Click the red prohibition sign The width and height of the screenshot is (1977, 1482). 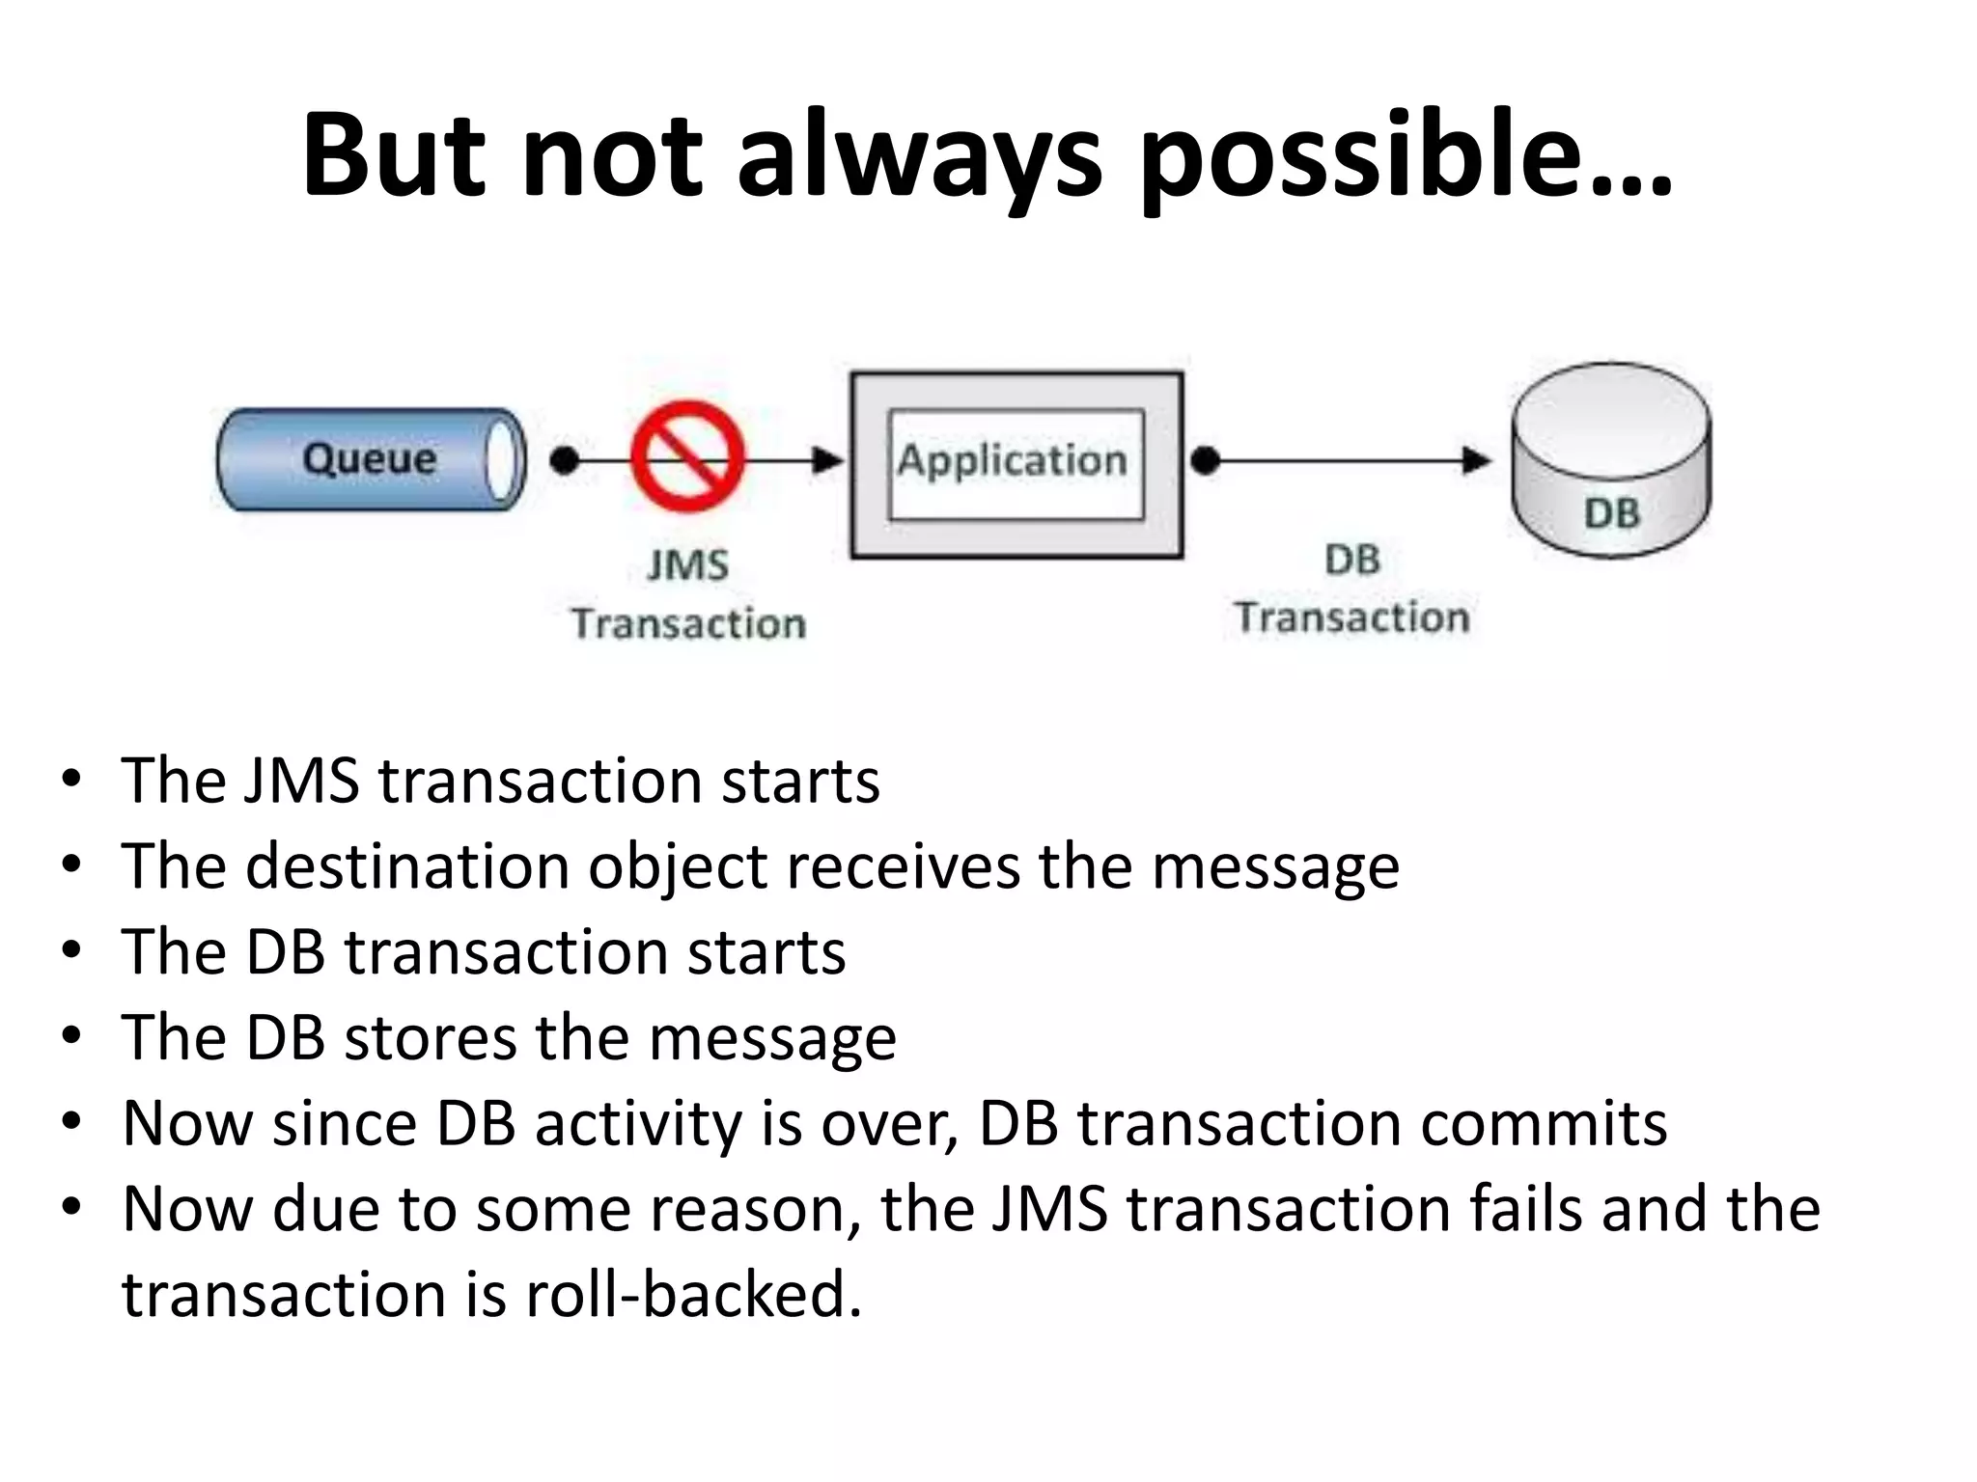point(687,456)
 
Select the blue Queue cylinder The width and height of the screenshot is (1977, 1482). point(371,459)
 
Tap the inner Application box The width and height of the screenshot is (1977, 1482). point(1016,464)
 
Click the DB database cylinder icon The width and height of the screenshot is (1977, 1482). point(1610,460)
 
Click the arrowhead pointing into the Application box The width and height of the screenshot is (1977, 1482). point(827,460)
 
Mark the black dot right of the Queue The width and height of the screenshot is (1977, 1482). point(564,460)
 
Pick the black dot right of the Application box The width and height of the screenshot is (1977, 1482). point(1205,460)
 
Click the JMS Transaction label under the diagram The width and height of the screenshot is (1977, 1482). point(688,594)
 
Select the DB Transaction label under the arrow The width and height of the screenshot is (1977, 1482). point(1352,589)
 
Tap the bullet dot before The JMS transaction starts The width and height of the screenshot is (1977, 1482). point(70,779)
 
